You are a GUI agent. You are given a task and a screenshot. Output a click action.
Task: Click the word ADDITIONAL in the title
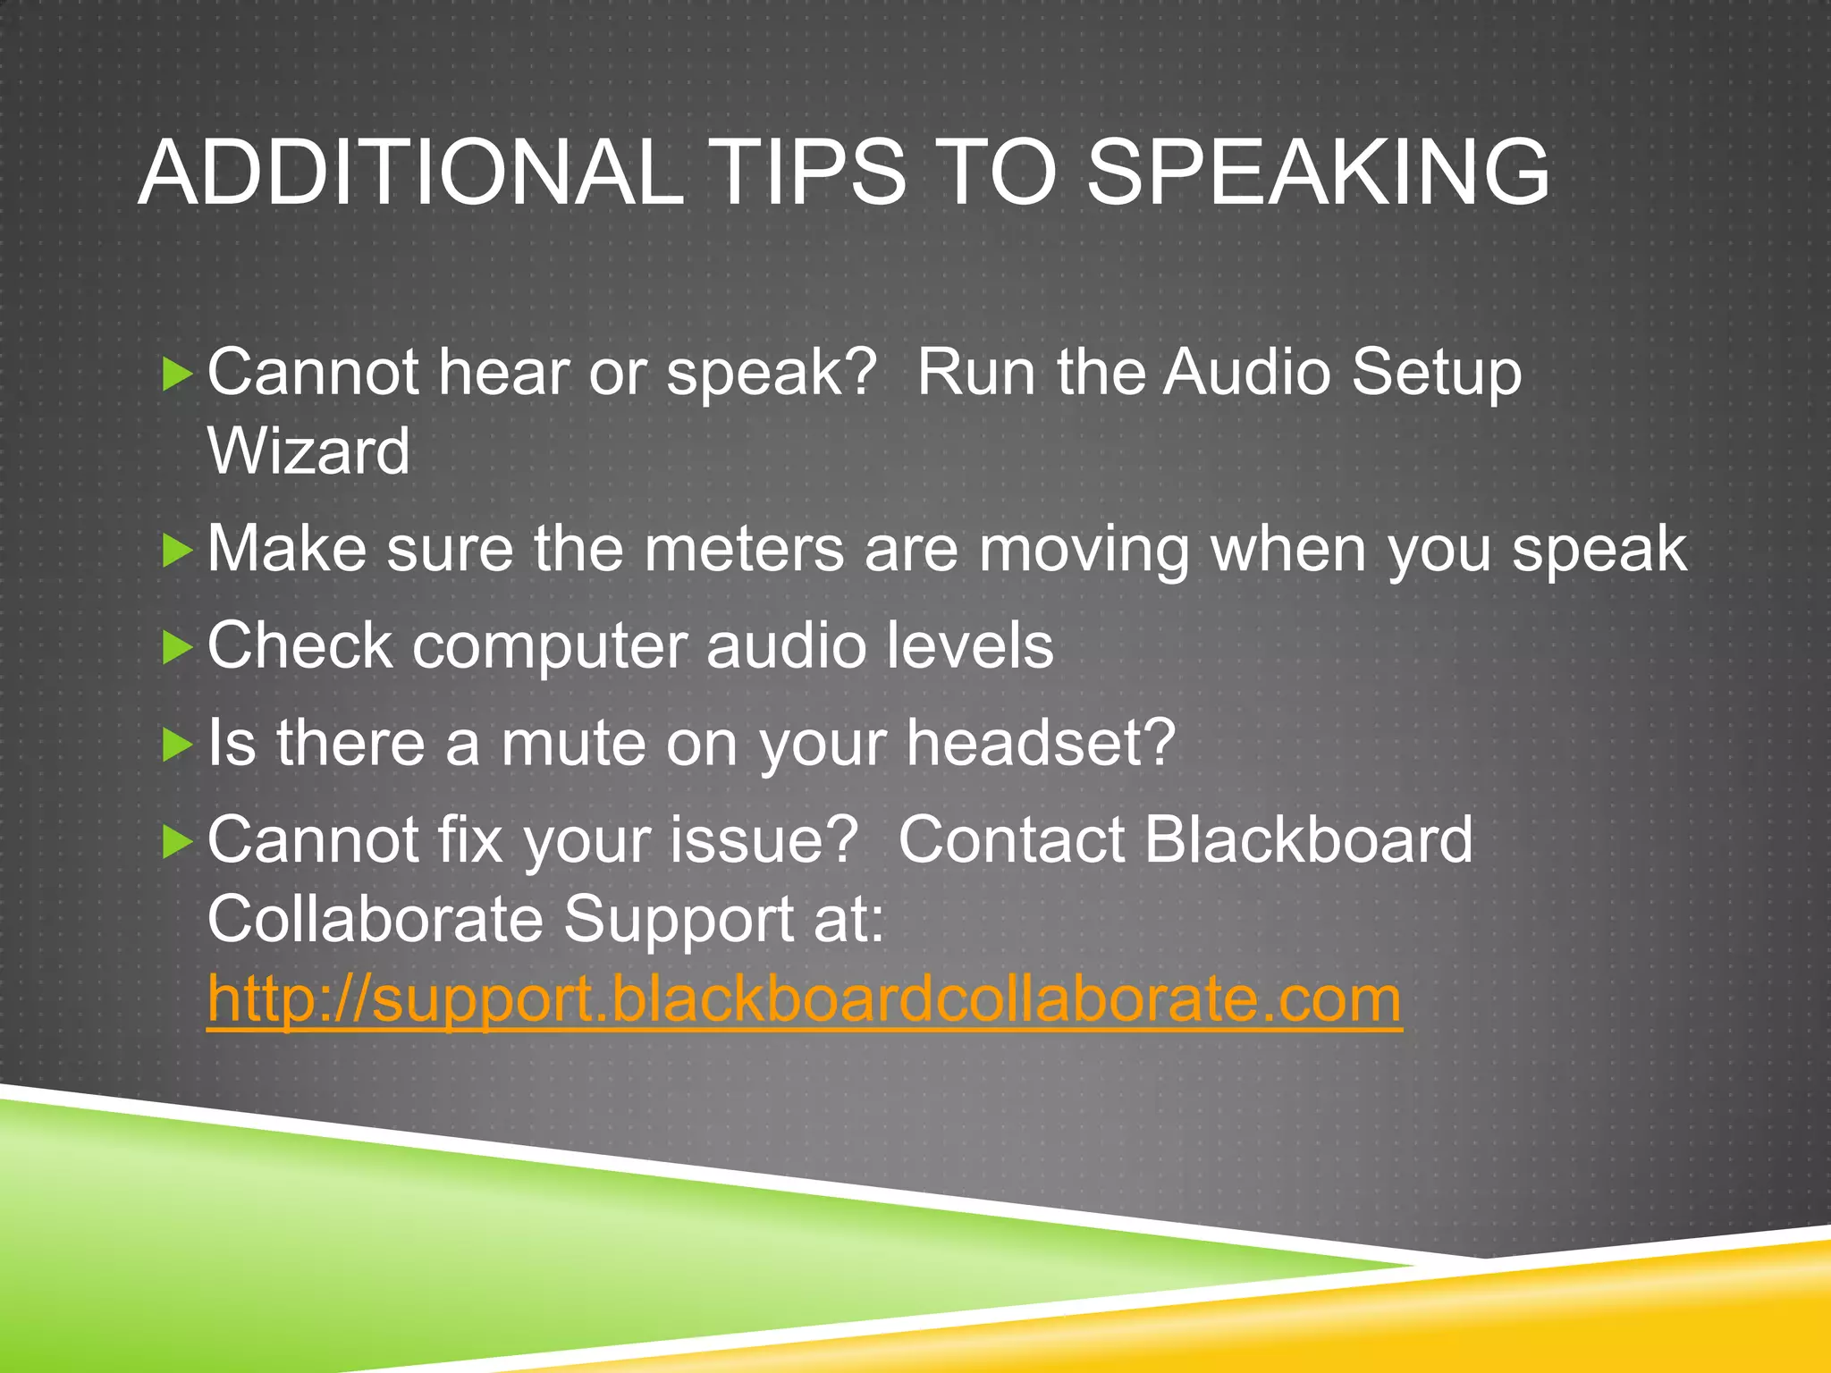click(x=411, y=173)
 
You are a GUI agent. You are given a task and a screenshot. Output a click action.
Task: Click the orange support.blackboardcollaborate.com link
click(x=804, y=998)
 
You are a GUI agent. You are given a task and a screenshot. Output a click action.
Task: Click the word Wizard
click(x=308, y=451)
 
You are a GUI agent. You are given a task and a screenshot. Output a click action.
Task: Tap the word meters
click(x=743, y=549)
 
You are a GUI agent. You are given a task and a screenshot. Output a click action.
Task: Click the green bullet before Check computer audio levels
click(x=177, y=647)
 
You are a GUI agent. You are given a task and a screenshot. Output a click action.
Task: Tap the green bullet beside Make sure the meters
click(x=177, y=550)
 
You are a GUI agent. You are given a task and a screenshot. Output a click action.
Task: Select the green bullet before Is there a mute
click(x=177, y=744)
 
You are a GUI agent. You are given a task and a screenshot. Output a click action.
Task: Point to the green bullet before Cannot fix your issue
click(x=177, y=841)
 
